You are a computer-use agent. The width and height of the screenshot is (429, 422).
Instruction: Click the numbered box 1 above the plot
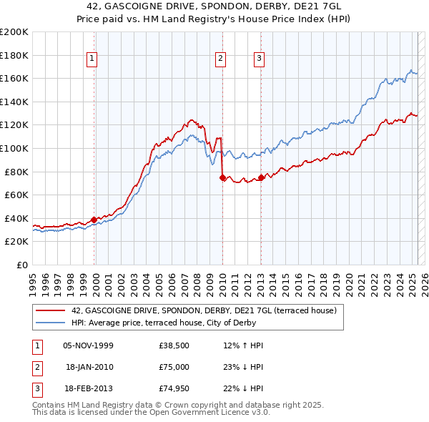coord(93,59)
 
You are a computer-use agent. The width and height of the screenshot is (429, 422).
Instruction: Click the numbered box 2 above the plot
coord(221,59)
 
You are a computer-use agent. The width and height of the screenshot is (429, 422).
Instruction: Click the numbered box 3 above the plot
coord(258,59)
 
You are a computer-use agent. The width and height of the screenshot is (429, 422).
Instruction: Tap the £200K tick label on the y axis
coord(15,32)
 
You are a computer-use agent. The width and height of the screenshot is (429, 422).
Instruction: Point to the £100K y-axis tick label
coord(15,148)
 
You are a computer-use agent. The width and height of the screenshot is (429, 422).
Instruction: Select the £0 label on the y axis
coord(21,265)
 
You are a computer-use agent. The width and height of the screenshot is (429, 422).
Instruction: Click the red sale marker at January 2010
coord(222,177)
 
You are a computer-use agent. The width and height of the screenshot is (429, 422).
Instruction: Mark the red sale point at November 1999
coord(94,220)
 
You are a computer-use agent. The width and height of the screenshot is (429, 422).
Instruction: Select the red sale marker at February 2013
coord(261,177)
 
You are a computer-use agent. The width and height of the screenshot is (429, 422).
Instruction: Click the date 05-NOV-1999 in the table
coord(88,345)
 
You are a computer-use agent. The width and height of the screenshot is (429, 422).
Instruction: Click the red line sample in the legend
coord(49,310)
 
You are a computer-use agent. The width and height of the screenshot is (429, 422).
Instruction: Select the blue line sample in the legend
coord(49,323)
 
